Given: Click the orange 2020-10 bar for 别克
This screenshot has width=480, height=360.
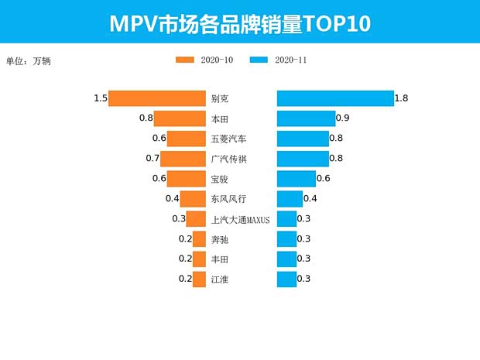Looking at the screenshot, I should pos(156,99).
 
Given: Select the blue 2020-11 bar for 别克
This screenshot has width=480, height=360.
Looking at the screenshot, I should pos(334,99).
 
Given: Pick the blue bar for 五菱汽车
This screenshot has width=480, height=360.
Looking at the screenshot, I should pos(303,139).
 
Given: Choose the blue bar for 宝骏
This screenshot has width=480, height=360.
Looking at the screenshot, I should pos(297,179).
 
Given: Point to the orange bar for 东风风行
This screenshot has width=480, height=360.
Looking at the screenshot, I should pos(193,199).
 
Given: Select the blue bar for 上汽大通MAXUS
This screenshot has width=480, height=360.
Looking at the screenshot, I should pos(286,219).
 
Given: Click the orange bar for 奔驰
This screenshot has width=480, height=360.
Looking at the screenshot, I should pos(199,239).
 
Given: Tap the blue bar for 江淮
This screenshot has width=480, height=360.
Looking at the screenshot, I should pos(286,279).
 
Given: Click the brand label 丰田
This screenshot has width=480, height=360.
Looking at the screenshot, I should pos(220,259).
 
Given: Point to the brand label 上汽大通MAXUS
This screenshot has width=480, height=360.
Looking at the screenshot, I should pos(240,220).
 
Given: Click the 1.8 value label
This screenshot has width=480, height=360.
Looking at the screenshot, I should pos(401,98).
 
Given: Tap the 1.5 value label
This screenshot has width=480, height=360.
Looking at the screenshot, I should pos(100,98).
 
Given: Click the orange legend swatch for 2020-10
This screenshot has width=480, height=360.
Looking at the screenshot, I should pos(186,60).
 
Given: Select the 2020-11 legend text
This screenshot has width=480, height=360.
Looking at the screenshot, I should pos(291,60).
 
